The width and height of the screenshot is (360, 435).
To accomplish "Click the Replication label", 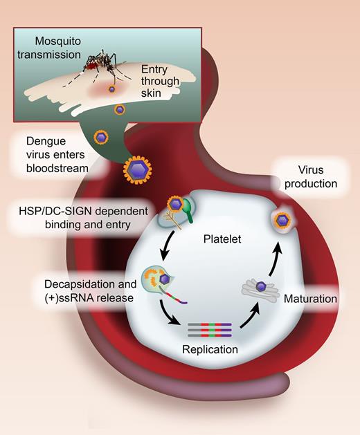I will click(210, 350).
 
